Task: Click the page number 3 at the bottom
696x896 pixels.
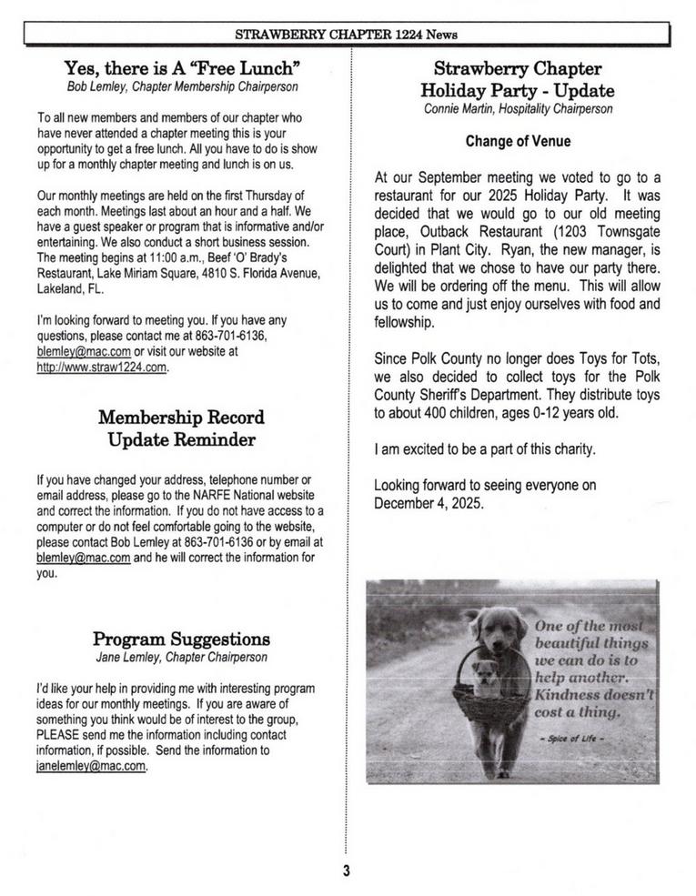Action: (x=347, y=871)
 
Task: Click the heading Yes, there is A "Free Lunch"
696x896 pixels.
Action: (x=183, y=68)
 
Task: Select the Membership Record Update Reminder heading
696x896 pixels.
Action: (x=181, y=428)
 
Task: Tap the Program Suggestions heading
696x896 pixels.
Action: (x=181, y=639)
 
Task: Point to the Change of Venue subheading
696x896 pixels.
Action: (x=518, y=142)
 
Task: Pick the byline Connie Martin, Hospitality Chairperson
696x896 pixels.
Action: (x=518, y=109)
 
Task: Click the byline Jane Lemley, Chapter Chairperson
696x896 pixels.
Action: (x=181, y=656)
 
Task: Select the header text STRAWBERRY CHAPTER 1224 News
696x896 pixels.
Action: (x=347, y=35)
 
